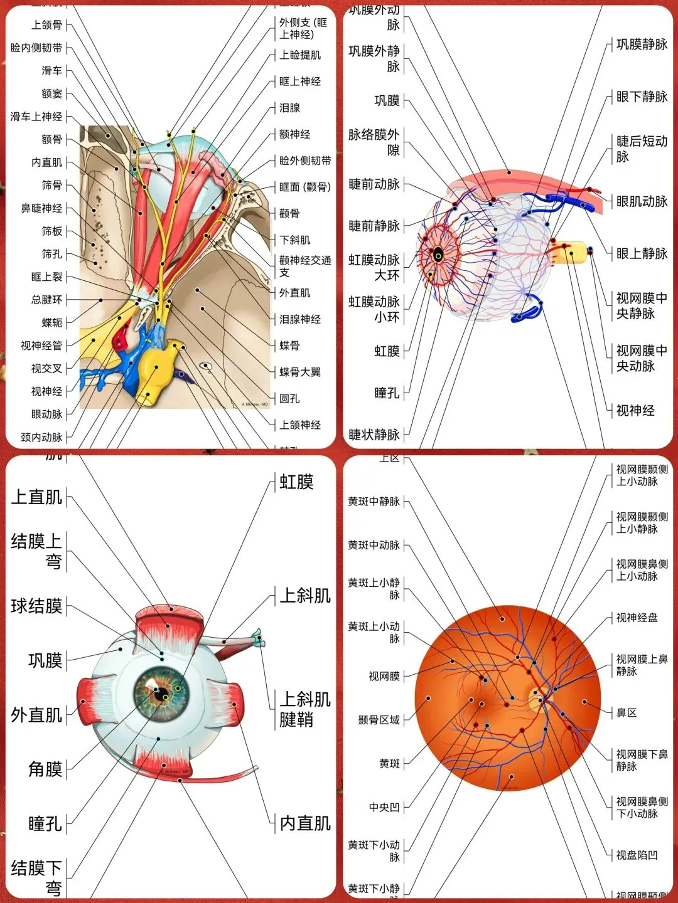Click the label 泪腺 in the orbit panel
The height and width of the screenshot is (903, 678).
tap(289, 108)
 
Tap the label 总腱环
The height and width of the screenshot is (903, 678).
tap(46, 300)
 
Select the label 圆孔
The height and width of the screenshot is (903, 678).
tap(289, 399)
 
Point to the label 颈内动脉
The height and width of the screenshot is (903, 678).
tap(41, 437)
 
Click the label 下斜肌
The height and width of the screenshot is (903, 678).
tap(294, 240)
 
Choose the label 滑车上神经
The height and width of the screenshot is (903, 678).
tap(36, 117)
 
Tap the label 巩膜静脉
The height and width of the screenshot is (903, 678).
tap(642, 45)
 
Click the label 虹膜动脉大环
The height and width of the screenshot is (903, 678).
tap(374, 267)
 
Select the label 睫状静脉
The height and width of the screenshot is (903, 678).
tap(374, 435)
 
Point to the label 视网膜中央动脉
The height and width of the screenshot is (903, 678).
tap(641, 358)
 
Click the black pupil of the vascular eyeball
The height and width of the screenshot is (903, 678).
tap(438, 255)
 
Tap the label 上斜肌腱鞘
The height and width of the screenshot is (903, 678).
tap(305, 709)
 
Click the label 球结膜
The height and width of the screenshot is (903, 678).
tap(36, 606)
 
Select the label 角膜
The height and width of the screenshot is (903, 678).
tap(45, 769)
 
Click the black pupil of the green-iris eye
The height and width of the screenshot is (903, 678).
tap(162, 695)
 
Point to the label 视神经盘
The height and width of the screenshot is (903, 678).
tap(637, 618)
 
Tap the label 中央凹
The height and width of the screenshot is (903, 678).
tap(384, 808)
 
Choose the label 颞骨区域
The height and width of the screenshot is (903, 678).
tap(379, 720)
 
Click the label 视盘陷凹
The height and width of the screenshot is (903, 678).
tap(637, 855)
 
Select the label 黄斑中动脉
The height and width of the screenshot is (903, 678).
tap(374, 546)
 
